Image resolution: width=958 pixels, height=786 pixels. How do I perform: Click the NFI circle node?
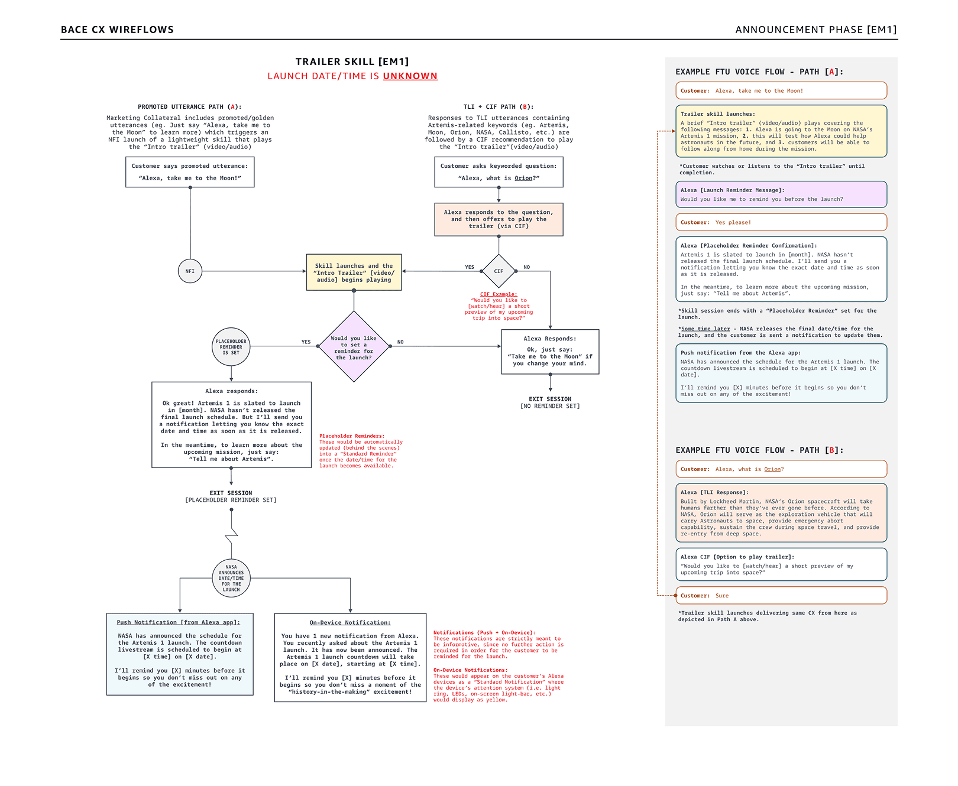pyautogui.click(x=190, y=271)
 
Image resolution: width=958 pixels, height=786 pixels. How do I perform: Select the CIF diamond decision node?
pyautogui.click(x=499, y=271)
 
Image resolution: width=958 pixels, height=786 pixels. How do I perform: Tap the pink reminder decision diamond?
pyautogui.click(x=354, y=347)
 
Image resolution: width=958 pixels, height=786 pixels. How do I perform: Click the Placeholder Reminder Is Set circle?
pyautogui.click(x=231, y=347)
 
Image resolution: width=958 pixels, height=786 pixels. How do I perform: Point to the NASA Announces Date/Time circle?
pyautogui.click(x=231, y=578)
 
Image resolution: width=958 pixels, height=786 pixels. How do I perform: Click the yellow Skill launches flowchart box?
pyautogui.click(x=354, y=272)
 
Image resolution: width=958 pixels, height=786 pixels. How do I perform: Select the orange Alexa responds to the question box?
pyautogui.click(x=499, y=219)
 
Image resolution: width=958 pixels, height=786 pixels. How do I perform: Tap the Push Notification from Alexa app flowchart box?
pyautogui.click(x=180, y=654)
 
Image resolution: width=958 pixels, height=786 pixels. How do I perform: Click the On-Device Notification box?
pyautogui.click(x=350, y=657)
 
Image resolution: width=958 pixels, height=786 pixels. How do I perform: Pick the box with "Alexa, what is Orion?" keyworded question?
pyautogui.click(x=499, y=172)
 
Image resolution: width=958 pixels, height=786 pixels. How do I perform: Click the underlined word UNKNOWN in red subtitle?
pyautogui.click(x=410, y=76)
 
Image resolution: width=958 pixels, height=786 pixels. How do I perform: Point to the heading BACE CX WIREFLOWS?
pyautogui.click(x=117, y=30)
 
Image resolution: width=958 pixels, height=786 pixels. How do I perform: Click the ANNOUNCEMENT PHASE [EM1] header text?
pyautogui.click(x=815, y=30)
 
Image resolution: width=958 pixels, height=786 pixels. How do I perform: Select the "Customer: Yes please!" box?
pyautogui.click(x=781, y=222)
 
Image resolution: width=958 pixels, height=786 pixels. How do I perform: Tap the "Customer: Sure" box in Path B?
pyautogui.click(x=781, y=596)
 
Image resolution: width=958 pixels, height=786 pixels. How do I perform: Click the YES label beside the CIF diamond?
pyautogui.click(x=470, y=267)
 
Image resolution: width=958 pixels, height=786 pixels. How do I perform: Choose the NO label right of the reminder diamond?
pyautogui.click(x=400, y=342)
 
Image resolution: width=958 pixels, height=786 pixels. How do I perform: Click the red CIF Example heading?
pyautogui.click(x=499, y=294)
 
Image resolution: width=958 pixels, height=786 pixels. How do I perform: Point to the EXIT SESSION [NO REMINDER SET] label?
pyautogui.click(x=550, y=402)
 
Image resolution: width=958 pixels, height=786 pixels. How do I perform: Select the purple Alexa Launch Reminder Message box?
pyautogui.click(x=781, y=194)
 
